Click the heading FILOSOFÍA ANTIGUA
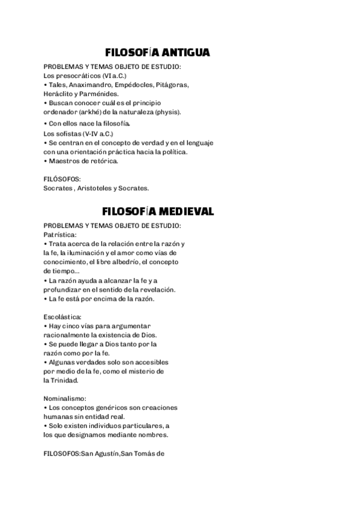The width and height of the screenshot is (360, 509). point(157,53)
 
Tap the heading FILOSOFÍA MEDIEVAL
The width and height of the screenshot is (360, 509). point(158,211)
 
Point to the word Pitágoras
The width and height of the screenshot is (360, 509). point(173,85)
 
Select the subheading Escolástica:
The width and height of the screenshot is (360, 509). point(62,316)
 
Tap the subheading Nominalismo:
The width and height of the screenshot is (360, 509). point(65,398)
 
